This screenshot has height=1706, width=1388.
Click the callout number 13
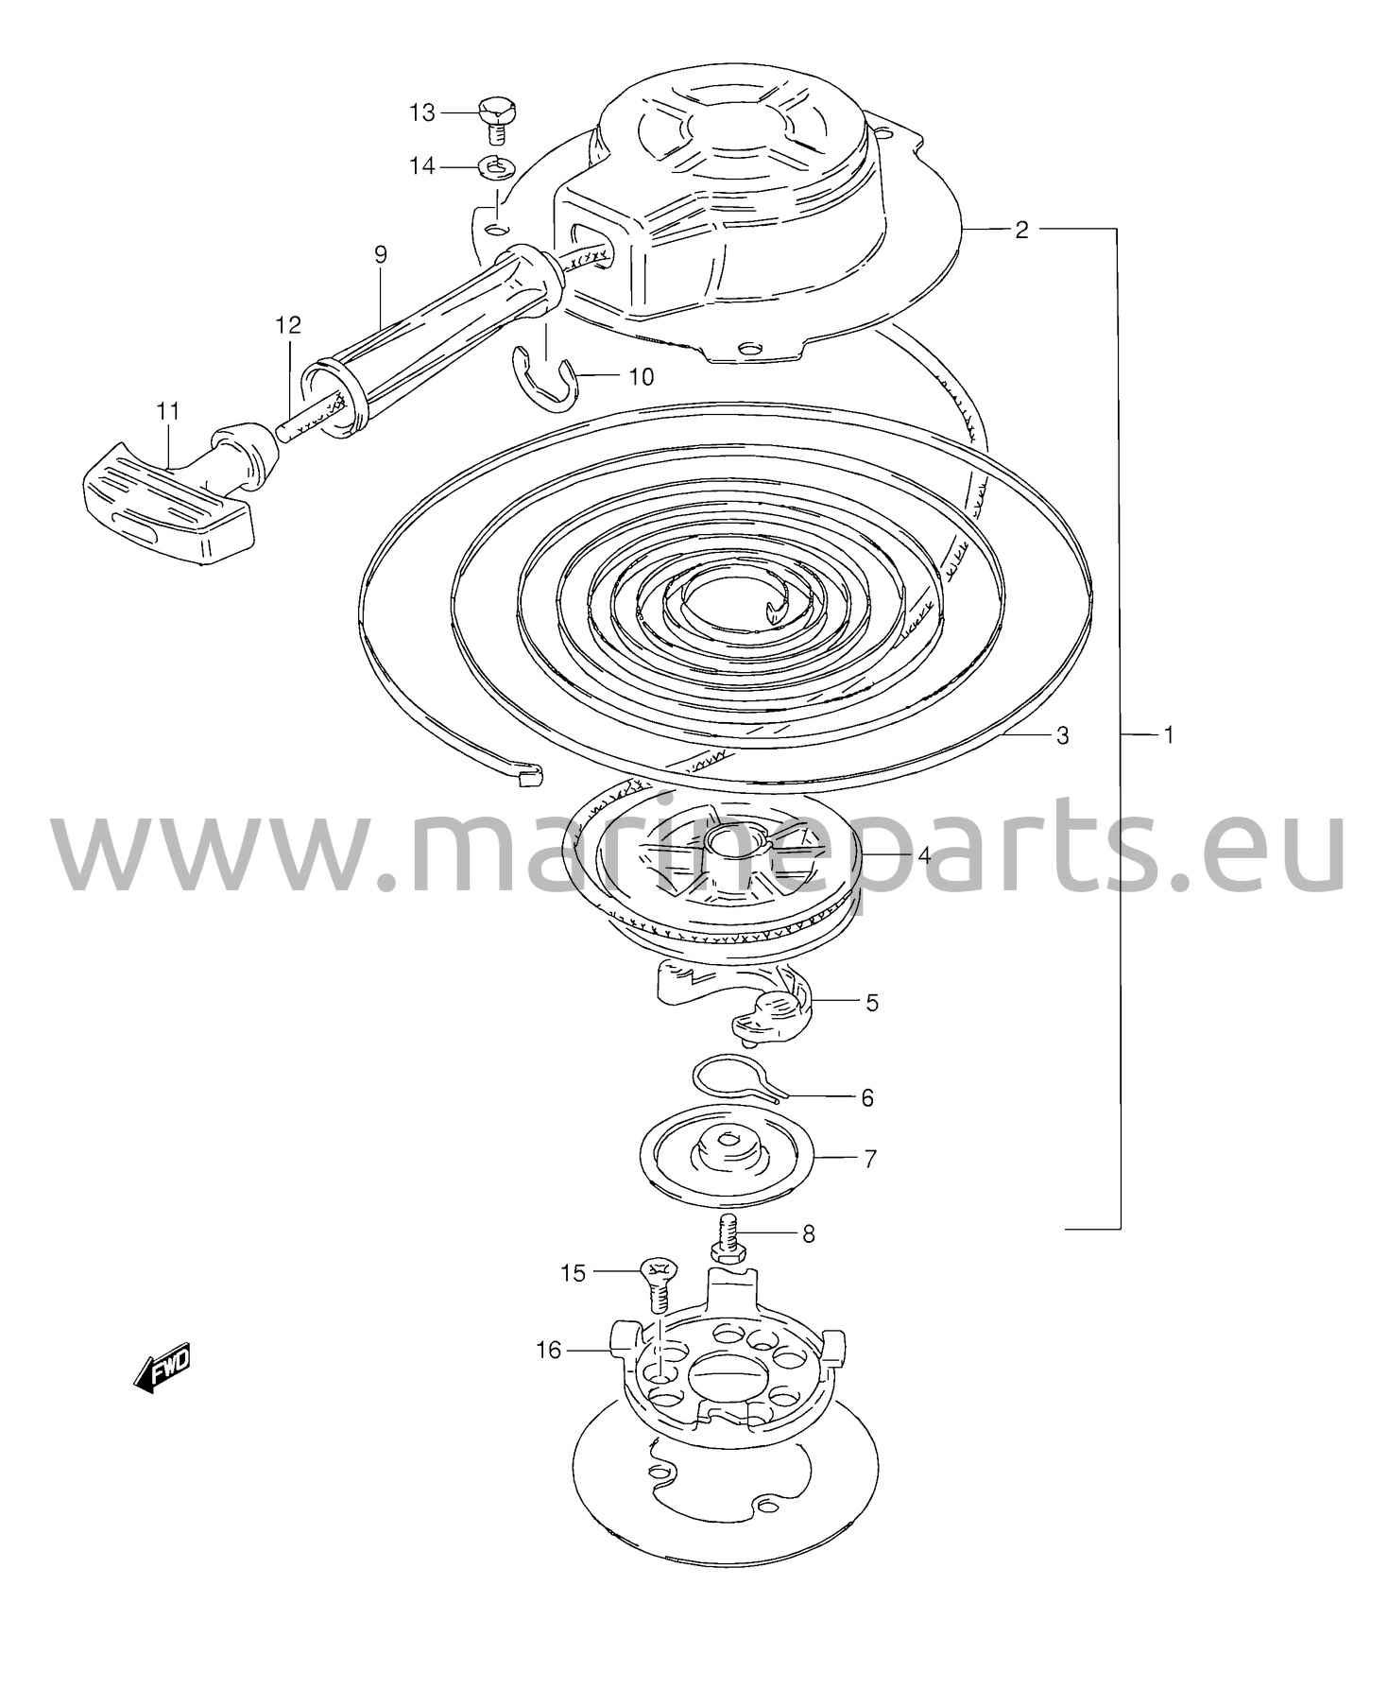click(421, 113)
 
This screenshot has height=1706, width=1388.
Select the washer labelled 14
click(494, 166)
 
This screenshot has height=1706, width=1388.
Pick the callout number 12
click(288, 325)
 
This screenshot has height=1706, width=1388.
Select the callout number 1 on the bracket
click(1168, 733)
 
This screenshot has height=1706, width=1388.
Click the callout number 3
click(1063, 734)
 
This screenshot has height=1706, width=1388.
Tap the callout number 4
click(924, 856)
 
